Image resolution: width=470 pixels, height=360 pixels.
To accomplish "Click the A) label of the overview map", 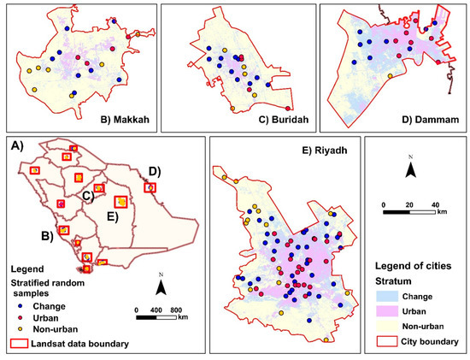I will click(x=16, y=145).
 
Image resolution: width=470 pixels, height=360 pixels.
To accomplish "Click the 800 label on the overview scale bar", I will click(x=176, y=308).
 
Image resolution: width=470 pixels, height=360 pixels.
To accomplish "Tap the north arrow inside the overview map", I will click(x=162, y=282).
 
